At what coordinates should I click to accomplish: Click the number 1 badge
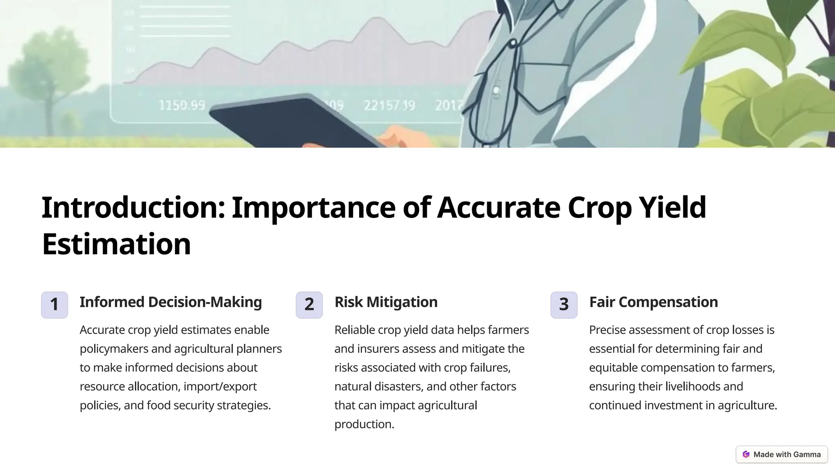[x=54, y=305]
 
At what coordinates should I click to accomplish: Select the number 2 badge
[x=309, y=305]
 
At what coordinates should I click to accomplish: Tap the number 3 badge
[x=564, y=305]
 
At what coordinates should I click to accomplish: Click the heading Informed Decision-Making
[x=170, y=302]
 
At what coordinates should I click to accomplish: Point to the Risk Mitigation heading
[x=386, y=302]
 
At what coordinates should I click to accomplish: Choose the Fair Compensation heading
[x=653, y=302]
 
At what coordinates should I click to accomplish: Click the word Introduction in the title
[x=133, y=207]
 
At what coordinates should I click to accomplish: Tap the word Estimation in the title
[x=116, y=244]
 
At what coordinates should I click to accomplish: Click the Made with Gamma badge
[x=782, y=454]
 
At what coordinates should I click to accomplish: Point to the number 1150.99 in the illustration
[x=181, y=106]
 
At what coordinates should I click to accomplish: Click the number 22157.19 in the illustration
[x=389, y=106]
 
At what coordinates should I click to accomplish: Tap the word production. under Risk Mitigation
[x=364, y=424]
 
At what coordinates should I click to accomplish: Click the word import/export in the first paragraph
[x=220, y=386]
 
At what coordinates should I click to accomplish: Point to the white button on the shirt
[x=496, y=90]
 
